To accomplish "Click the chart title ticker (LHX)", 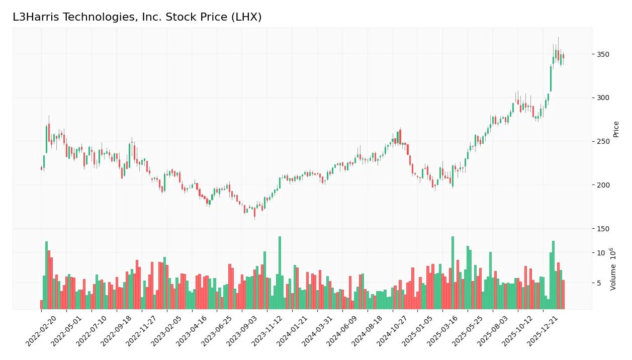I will [x=245, y=17].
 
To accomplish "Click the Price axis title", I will [x=616, y=129].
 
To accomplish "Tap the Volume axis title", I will [x=613, y=269].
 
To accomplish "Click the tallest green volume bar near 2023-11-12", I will [x=280, y=273].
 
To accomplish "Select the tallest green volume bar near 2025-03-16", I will [x=453, y=273].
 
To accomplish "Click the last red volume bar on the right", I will [x=563, y=295].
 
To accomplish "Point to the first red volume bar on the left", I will [x=41, y=305].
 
